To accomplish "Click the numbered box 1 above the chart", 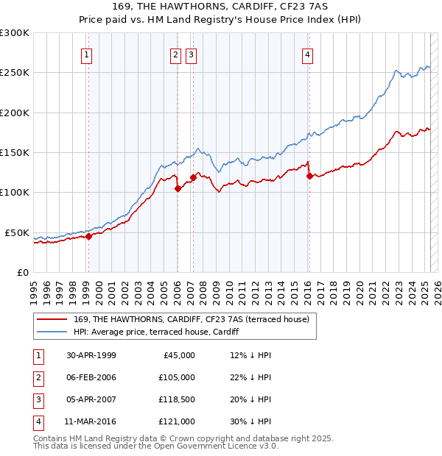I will (87, 54).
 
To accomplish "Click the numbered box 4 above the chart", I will (307, 54).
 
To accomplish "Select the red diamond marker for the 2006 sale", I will (178, 188).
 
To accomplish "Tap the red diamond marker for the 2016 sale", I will (309, 176).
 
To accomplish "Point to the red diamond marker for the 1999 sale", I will (88, 236).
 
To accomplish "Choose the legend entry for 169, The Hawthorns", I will (191, 319).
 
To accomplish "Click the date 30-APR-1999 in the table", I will (91, 355).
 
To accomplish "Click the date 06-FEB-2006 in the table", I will (91, 377).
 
